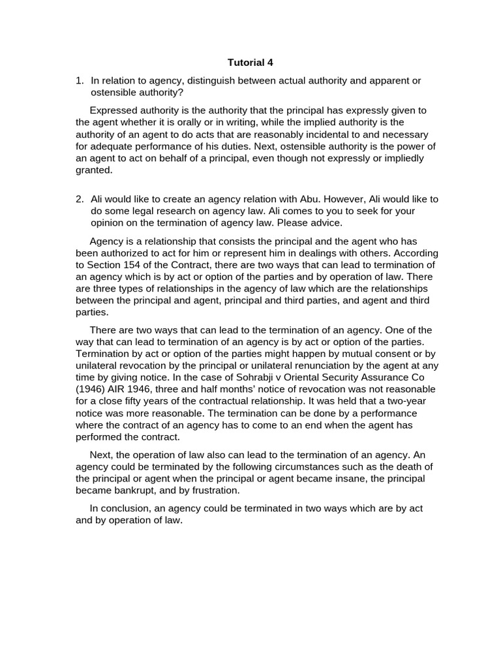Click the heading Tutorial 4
click(x=250, y=63)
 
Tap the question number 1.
click(x=79, y=80)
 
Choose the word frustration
click(x=216, y=491)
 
